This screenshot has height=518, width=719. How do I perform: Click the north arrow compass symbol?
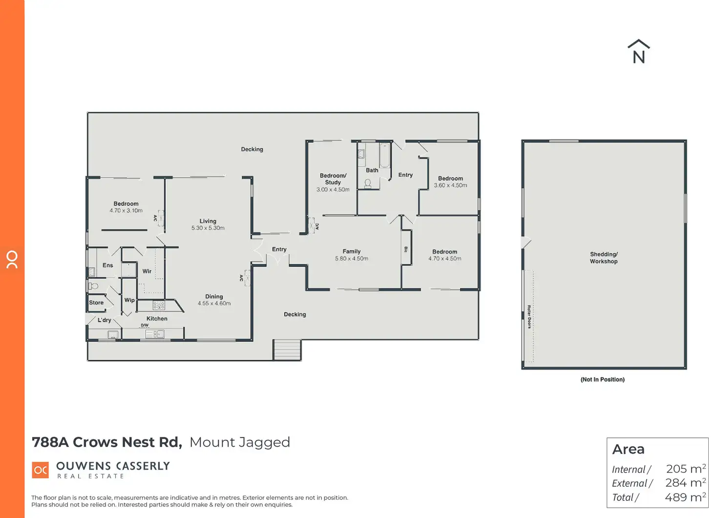point(638,52)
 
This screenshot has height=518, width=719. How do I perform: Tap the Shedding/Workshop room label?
point(603,258)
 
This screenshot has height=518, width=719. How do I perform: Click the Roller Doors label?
point(529,317)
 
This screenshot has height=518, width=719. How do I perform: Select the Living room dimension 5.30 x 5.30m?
point(208,228)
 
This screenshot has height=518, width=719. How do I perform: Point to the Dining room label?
point(214,297)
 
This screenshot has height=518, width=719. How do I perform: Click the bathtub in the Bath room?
point(384,155)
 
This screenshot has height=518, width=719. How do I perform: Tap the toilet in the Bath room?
point(368,184)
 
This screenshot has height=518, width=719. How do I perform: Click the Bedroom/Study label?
point(333,179)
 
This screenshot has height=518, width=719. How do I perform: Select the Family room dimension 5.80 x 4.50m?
point(352,259)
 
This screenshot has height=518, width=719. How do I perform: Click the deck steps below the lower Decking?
point(287,350)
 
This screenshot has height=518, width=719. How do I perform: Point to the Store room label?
point(96,302)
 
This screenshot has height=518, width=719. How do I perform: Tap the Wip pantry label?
point(129,300)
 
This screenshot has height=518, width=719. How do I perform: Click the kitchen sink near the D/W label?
point(155,334)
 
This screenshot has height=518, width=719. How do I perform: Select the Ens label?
point(107,265)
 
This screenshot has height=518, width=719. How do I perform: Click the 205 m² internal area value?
point(686,469)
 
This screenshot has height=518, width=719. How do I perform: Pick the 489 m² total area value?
point(685,497)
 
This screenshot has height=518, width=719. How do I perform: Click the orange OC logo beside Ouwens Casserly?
point(40,470)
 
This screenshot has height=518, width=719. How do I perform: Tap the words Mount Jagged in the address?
point(240,443)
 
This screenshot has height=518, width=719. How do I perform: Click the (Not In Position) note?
point(602,380)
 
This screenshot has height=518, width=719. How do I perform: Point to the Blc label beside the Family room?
point(406,250)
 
